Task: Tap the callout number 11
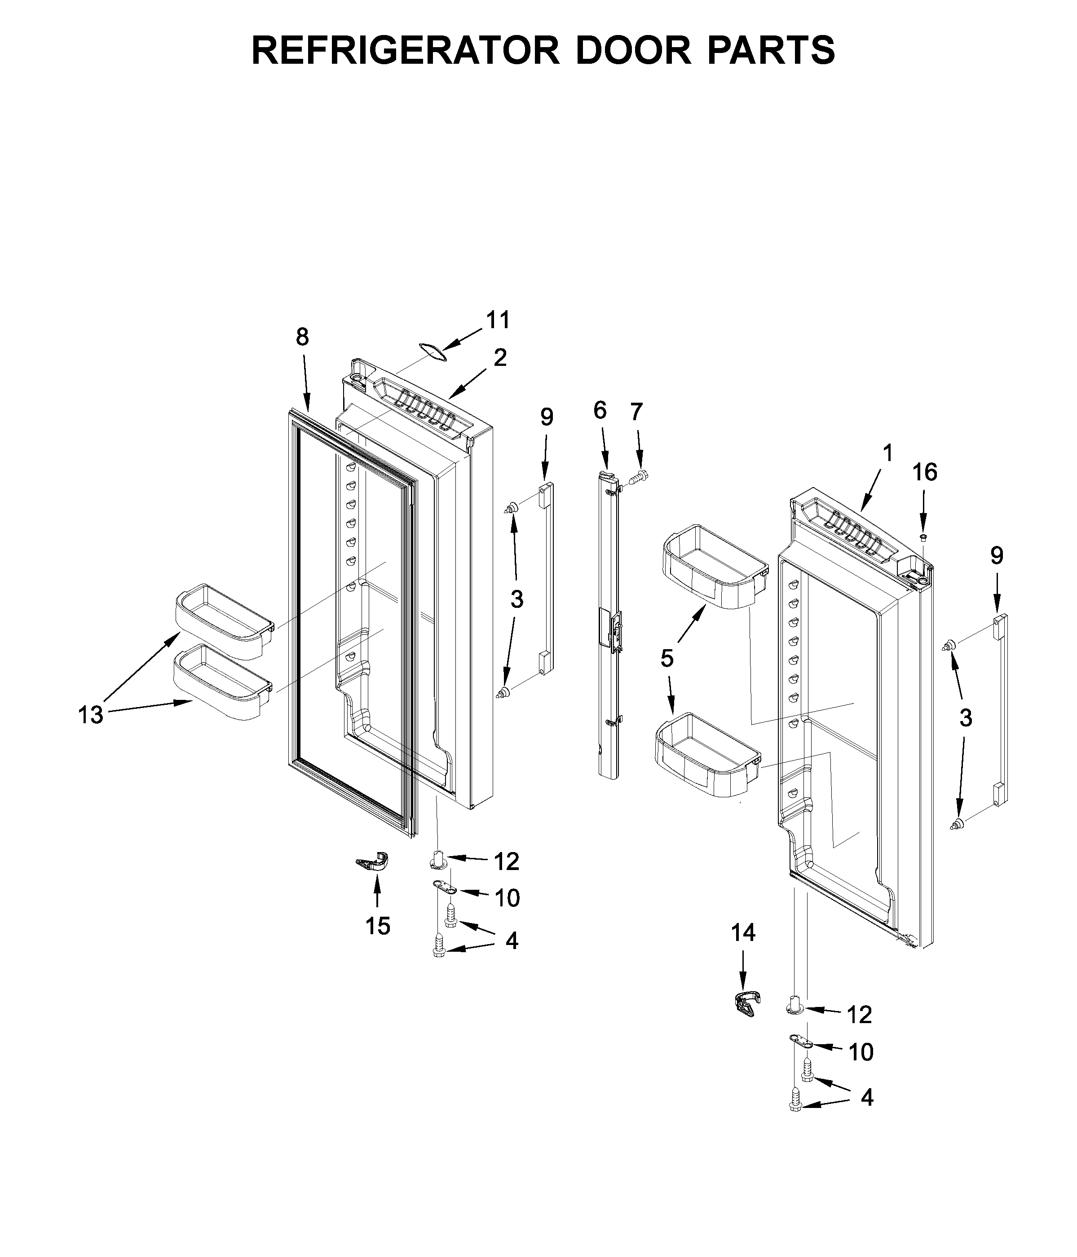(498, 320)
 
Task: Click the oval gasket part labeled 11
(432, 352)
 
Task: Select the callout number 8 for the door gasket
(302, 337)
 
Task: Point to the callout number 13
(90, 715)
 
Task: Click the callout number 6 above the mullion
(600, 411)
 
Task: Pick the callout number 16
(925, 472)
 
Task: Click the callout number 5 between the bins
(667, 658)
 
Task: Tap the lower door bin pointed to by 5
(707, 755)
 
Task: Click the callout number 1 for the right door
(887, 453)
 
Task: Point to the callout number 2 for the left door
(499, 358)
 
